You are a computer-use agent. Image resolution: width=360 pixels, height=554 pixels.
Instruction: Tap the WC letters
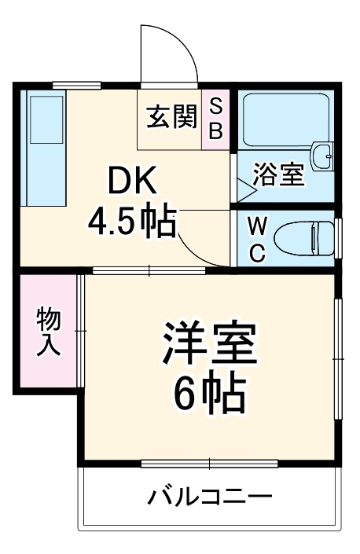257,238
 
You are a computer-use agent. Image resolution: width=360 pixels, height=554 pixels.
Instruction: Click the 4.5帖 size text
130,222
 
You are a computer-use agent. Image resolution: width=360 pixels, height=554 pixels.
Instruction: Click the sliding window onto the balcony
210,463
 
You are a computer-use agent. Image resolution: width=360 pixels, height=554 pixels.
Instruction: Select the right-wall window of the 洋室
339,358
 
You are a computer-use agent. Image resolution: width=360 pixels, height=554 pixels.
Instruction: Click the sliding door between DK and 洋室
149,270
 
